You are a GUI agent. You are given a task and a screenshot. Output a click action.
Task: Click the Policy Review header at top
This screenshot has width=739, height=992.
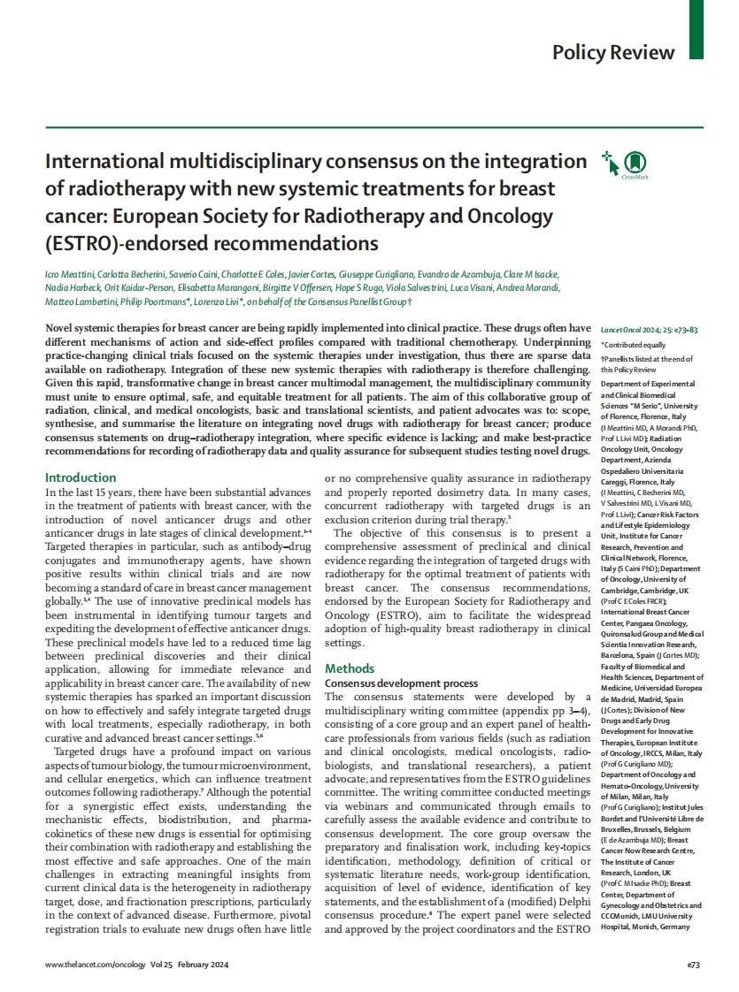(x=612, y=52)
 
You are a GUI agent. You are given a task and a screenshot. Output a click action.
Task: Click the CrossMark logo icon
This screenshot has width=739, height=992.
(x=635, y=163)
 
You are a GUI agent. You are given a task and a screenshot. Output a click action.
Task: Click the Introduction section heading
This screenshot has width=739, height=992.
(x=81, y=477)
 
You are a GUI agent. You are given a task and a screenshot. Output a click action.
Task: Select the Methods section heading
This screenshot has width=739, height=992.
(x=350, y=668)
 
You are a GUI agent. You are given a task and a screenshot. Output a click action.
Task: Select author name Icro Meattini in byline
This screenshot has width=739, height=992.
(x=71, y=274)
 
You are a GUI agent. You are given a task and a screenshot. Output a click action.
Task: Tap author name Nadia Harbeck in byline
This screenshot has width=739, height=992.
(x=72, y=288)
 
